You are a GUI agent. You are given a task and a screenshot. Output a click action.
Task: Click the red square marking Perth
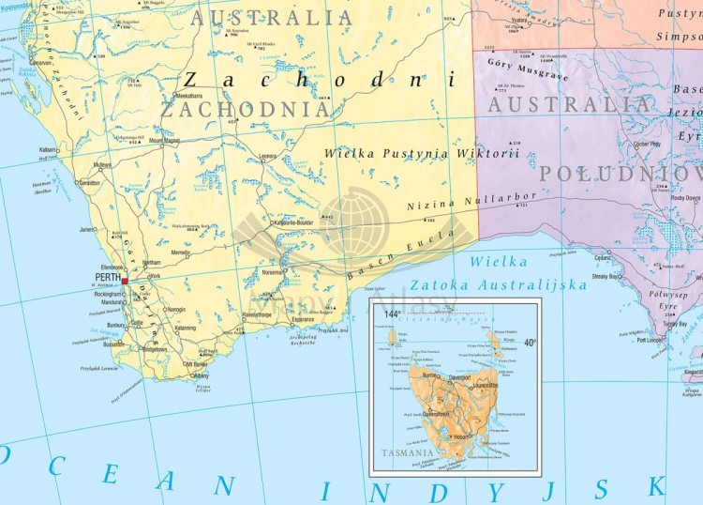click(x=124, y=280)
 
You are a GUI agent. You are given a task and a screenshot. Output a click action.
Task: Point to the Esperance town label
click(x=303, y=318)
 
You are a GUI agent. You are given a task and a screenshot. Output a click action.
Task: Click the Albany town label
click(x=202, y=375)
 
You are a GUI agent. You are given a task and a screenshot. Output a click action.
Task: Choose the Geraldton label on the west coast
click(x=89, y=184)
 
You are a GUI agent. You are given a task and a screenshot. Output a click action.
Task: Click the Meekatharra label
click(x=189, y=96)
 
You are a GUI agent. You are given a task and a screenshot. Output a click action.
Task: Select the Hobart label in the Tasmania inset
click(x=463, y=437)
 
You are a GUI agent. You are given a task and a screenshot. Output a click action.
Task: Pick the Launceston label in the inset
click(x=484, y=386)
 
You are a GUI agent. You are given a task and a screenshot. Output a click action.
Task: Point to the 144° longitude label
click(x=393, y=314)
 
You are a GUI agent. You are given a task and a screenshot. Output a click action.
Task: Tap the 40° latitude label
click(x=531, y=343)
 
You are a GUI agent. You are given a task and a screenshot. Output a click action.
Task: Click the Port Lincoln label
click(x=650, y=340)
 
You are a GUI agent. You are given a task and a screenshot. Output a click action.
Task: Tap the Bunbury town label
click(x=117, y=326)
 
